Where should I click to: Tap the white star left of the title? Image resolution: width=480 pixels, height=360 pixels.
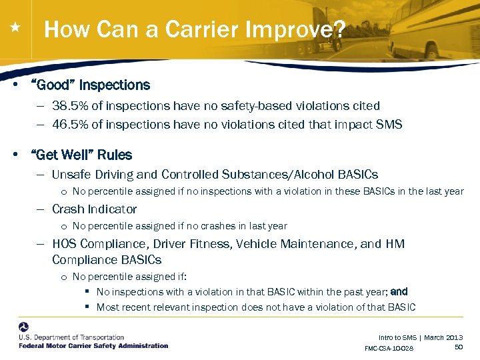tap(15, 28)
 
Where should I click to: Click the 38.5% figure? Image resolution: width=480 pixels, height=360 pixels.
tap(69, 106)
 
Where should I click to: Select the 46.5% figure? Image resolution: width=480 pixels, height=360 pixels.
tap(69, 125)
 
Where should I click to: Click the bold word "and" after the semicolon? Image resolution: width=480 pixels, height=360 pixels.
tap(399, 292)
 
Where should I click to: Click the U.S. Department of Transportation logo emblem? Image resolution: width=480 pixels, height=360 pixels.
tap(24, 327)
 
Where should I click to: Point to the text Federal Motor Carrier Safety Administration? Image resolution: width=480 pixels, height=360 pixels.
tap(93, 346)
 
